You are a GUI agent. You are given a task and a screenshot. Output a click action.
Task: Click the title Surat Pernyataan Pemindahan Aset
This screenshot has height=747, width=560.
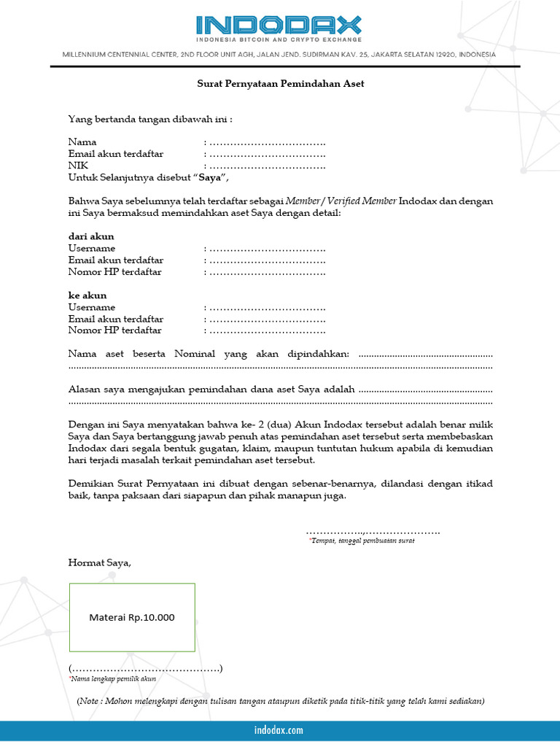[281, 84]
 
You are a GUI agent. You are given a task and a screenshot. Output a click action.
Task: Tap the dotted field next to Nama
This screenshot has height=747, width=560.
[266, 142]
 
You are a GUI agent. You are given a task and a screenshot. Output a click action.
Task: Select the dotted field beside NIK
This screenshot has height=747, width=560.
[266, 165]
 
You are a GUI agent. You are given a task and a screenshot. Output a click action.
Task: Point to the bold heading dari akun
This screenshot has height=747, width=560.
[91, 237]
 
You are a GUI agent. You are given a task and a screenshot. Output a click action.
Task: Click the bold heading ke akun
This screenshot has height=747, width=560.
[87, 295]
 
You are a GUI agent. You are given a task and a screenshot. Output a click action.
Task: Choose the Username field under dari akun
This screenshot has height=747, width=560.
[266, 249]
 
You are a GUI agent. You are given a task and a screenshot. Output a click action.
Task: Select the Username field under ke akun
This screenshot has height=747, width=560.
[266, 307]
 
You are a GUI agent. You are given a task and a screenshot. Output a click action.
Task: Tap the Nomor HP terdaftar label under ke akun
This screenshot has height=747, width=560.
[115, 330]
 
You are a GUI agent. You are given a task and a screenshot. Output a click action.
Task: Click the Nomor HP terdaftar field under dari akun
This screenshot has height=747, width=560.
[266, 272]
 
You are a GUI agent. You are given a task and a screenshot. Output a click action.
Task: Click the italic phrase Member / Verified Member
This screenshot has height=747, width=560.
[341, 201]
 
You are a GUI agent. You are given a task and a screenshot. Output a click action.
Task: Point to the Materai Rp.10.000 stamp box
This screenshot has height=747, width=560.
[132, 617]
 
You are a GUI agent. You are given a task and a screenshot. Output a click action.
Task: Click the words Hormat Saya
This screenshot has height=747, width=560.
[100, 562]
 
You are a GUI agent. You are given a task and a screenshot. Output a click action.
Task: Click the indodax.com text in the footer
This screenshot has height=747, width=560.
[279, 730]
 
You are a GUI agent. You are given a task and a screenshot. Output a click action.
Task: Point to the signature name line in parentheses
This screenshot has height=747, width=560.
[146, 668]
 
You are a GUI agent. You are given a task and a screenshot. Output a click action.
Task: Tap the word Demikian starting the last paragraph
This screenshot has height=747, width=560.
[91, 484]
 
